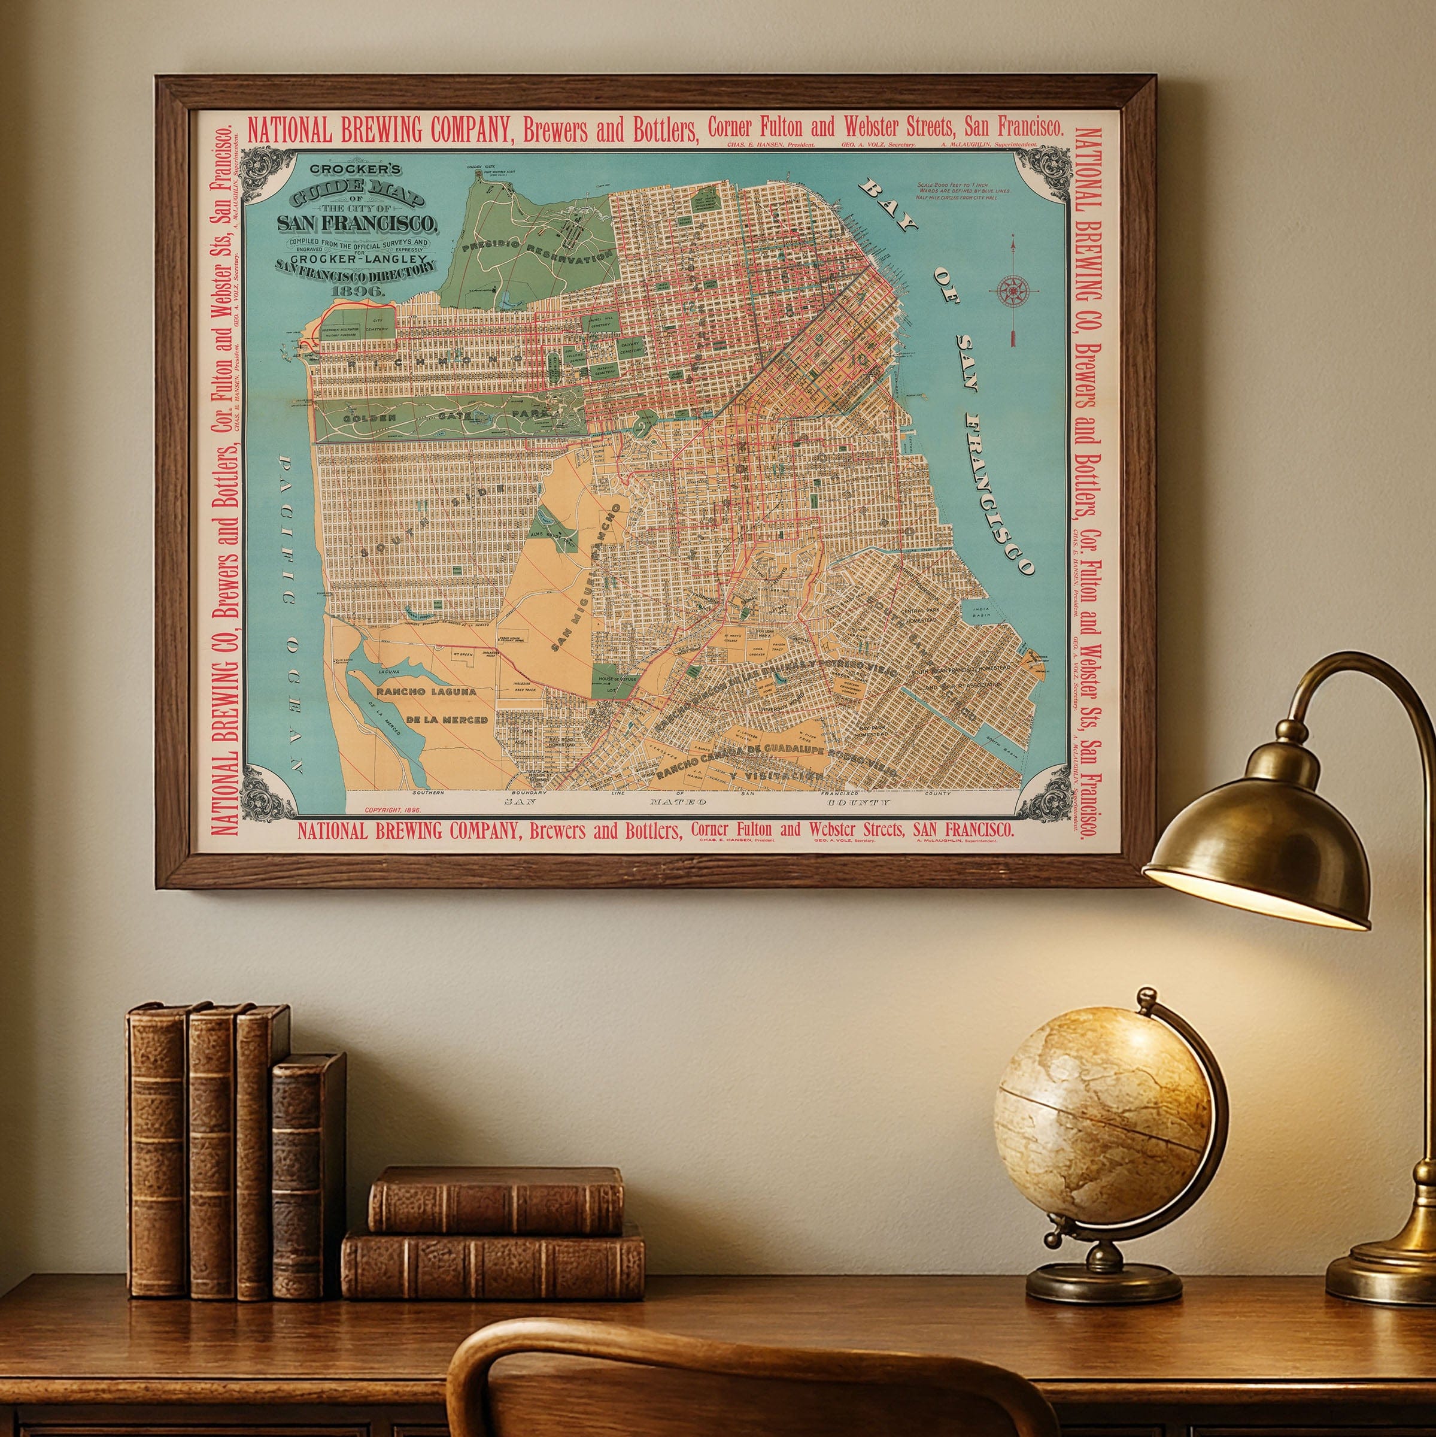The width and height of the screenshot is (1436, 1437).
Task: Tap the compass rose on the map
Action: click(1013, 289)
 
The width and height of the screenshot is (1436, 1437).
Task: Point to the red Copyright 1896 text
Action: click(393, 810)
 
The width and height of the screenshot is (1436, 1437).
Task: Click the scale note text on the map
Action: click(963, 190)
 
